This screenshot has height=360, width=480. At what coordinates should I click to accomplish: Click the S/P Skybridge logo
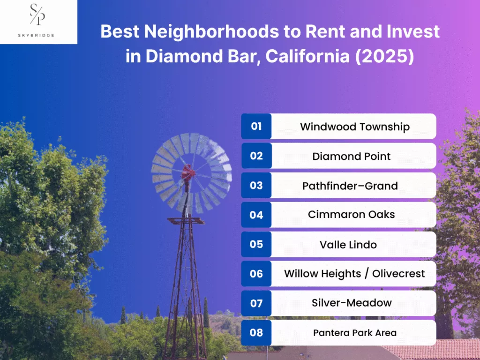[x=38, y=21]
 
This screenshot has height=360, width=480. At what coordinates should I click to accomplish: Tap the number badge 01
[x=256, y=127]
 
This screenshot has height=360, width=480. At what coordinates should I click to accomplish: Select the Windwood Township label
[x=354, y=127]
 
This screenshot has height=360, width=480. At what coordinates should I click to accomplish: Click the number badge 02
[x=256, y=156]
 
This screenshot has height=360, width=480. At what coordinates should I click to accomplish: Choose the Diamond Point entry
[x=352, y=156]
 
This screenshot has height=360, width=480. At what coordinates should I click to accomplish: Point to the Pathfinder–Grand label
[x=350, y=186]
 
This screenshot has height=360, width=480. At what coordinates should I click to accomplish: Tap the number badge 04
[x=256, y=215]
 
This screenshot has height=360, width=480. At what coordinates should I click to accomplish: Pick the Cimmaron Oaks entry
[x=351, y=215]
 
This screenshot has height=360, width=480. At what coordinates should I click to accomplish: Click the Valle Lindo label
[x=348, y=244]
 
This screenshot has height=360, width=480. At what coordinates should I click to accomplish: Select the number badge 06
[x=256, y=274]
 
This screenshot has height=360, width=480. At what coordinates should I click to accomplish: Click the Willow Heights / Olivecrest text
[x=354, y=274]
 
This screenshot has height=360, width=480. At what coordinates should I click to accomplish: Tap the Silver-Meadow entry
[x=352, y=303]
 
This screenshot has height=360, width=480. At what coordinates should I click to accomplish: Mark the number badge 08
[x=256, y=333]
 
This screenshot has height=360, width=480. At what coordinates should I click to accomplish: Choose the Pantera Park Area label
[x=354, y=333]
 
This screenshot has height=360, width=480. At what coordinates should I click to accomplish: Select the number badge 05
[x=256, y=244]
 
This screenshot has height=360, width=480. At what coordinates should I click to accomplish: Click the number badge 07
[x=256, y=303]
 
